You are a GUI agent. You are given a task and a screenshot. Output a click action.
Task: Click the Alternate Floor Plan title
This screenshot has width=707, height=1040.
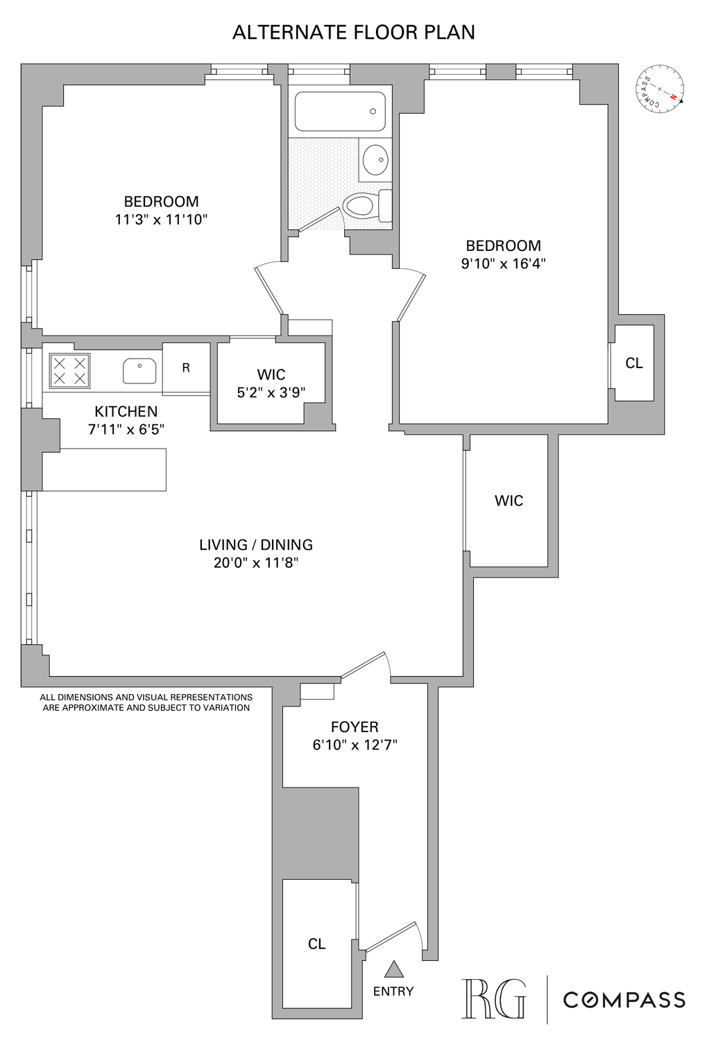[353, 33]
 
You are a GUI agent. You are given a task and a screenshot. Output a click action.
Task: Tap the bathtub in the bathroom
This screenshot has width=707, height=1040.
[340, 112]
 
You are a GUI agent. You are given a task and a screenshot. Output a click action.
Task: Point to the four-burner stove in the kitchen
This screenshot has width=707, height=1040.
[69, 370]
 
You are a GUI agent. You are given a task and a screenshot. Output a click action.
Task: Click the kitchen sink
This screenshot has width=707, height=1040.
[139, 371]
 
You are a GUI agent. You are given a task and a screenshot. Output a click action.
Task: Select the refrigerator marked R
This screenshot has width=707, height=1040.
[186, 368]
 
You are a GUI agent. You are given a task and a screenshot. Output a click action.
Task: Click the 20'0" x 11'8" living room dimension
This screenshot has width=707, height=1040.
[256, 563]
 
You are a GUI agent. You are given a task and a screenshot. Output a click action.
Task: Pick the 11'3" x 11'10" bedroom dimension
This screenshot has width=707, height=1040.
[162, 220]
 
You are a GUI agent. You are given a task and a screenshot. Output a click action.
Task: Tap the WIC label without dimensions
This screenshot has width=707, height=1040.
[509, 501]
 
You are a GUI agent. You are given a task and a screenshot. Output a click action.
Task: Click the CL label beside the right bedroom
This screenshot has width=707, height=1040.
[634, 363]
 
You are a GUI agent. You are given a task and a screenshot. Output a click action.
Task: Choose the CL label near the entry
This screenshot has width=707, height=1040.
[317, 944]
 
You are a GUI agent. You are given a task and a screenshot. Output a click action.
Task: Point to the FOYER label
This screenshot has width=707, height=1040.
[355, 727]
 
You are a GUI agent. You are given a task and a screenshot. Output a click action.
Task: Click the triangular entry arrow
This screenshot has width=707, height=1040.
[394, 969]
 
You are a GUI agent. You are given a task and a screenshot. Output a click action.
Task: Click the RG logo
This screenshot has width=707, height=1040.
[493, 998]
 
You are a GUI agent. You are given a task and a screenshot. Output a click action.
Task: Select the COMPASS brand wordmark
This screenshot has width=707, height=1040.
[624, 1000]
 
